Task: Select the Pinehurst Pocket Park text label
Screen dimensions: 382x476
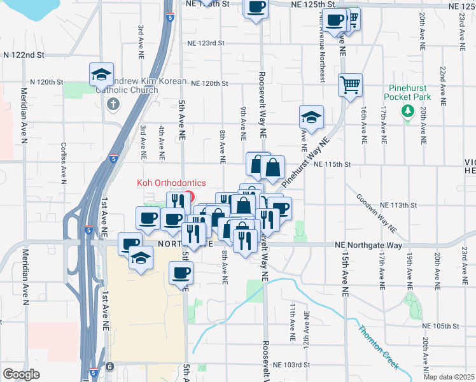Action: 407,92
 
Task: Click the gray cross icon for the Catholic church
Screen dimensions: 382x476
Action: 113,104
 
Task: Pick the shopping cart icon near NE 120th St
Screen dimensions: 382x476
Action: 351,84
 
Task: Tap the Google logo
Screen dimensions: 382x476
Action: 21,374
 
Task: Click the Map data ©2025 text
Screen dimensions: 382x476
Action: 451,377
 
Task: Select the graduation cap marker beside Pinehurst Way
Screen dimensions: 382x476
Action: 311,117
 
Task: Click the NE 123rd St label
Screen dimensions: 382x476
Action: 206,43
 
